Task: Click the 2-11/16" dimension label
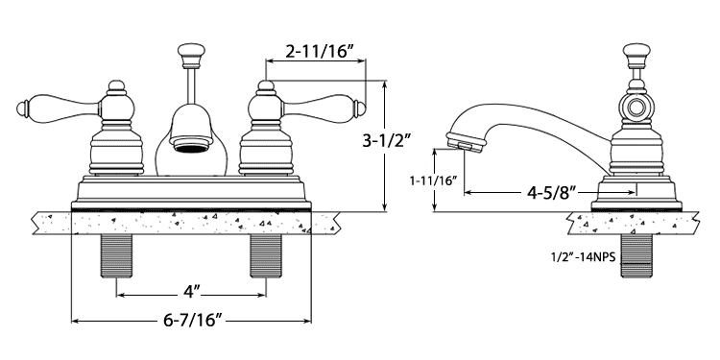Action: (x=319, y=52)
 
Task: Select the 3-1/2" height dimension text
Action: (x=385, y=140)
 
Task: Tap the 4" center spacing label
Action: (x=192, y=292)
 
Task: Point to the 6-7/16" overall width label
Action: (x=192, y=320)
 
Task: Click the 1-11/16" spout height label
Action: (x=434, y=180)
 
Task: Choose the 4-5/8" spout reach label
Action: (x=551, y=193)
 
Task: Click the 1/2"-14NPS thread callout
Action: (x=583, y=257)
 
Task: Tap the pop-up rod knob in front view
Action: (x=191, y=54)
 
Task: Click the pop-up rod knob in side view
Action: (x=636, y=54)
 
